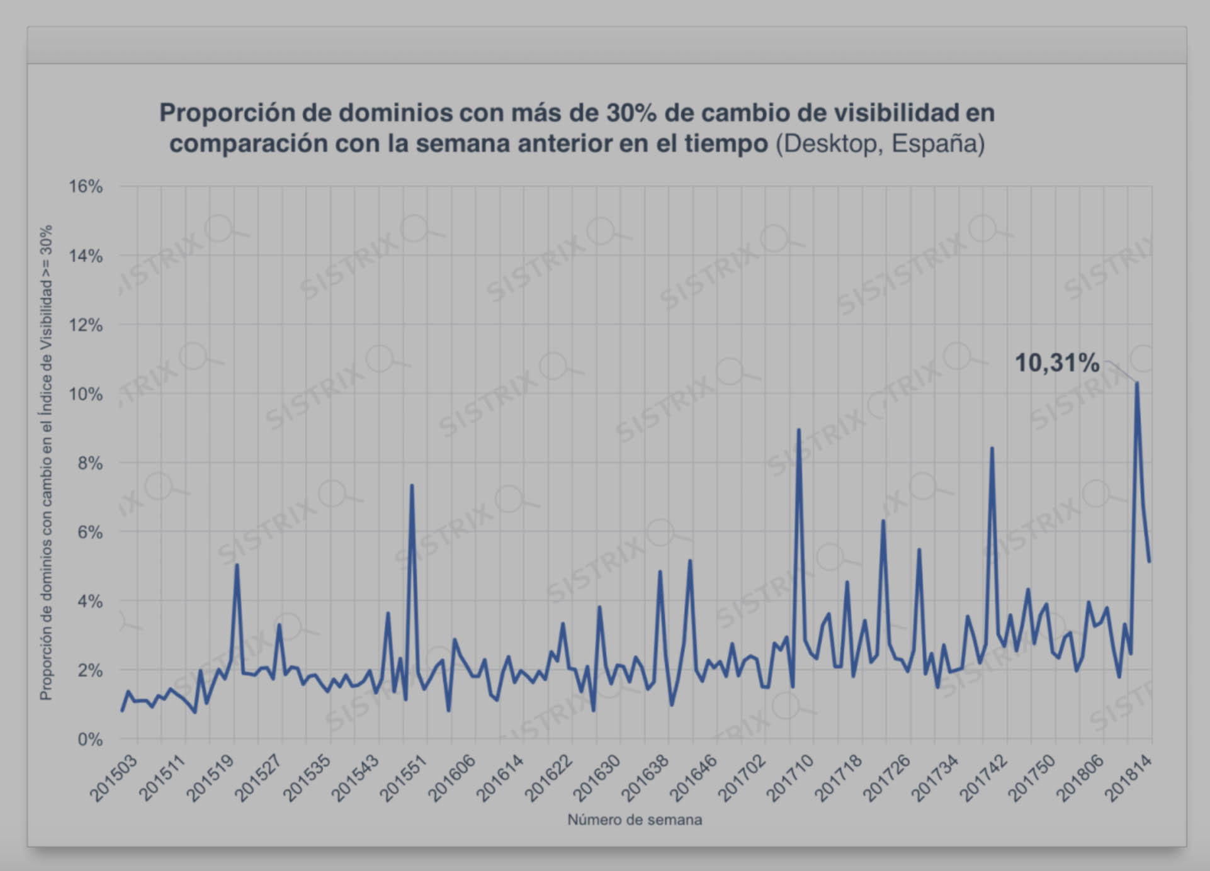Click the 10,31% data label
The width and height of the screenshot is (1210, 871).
point(1057,363)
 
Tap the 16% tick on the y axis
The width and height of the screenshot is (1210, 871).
point(86,186)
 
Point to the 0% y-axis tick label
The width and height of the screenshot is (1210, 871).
point(90,739)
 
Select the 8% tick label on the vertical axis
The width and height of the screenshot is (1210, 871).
point(90,463)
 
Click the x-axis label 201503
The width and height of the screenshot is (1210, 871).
point(114,778)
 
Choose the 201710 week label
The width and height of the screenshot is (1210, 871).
point(791,778)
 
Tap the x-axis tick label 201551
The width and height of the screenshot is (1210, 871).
point(404,778)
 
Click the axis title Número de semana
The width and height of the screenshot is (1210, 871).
point(635,820)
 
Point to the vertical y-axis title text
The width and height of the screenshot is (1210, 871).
point(46,463)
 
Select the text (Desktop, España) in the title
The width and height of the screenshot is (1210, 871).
point(880,143)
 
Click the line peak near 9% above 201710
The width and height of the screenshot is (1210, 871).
point(799,430)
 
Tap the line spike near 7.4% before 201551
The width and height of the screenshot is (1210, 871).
point(412,485)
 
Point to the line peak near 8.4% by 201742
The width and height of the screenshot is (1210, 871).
point(992,449)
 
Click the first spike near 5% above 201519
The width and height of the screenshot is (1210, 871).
point(237,565)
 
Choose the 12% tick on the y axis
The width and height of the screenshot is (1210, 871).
point(86,325)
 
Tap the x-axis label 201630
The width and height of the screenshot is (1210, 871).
point(597,778)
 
